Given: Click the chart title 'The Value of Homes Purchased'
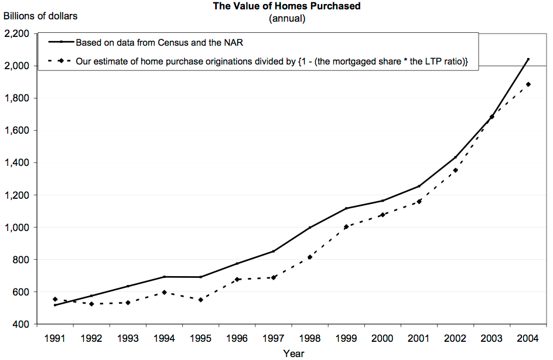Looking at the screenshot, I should pos(286,6).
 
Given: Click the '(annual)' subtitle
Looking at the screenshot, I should pos(287,18).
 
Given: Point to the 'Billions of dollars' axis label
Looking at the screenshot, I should pos(40,16).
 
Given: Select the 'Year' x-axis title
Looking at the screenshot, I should pos(293,354).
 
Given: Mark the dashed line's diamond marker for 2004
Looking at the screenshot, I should pos(528,84).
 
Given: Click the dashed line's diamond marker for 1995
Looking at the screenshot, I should pos(200,300).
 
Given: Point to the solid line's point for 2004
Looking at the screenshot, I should pos(528,59).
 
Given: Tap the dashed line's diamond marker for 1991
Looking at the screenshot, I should pos(54,299).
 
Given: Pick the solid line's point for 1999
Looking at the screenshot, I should pos(346,208).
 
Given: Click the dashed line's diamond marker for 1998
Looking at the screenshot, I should pos(310,257).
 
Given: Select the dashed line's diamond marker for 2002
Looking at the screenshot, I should pos(456,170).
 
